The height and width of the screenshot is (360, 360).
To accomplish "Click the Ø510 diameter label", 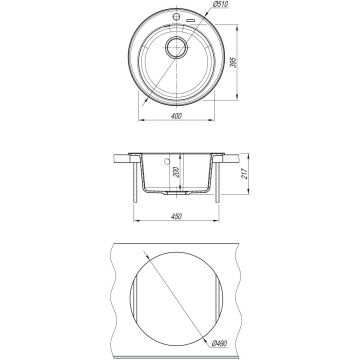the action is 220,5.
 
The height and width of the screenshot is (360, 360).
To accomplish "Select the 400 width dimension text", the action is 177,116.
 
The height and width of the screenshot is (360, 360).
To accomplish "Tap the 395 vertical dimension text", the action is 234,62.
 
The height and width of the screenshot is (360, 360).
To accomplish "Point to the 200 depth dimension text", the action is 177,172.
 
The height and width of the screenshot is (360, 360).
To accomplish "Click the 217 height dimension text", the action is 245,174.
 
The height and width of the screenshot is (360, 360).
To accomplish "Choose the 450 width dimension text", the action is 176,216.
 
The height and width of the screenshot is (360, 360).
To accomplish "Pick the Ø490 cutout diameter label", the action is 219,342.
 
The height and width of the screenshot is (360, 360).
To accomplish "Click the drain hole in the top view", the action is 176,48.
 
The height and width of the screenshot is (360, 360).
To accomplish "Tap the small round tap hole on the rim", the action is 176,17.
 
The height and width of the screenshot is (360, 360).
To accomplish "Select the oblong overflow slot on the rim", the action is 191,21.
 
